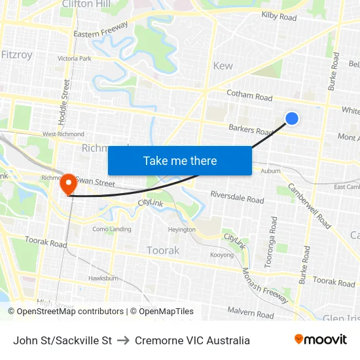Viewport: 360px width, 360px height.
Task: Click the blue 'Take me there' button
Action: [180, 160]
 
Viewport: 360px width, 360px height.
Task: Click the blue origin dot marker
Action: [292, 118]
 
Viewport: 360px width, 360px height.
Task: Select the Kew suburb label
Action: [223, 66]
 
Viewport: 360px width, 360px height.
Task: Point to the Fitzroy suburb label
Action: [16, 55]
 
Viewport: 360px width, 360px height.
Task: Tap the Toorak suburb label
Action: [163, 250]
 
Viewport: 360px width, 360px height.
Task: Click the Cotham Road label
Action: [249, 96]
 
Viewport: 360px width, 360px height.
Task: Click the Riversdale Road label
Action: [237, 197]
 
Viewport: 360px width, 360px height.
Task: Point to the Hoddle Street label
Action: [66, 98]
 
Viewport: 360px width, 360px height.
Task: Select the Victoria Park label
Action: [75, 58]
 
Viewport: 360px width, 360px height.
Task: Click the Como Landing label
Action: [111, 229]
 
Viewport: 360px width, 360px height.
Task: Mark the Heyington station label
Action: [181, 230]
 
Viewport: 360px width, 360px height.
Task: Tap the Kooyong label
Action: [221, 255]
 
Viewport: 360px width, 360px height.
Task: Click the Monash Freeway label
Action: [264, 285]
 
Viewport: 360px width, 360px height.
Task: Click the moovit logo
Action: [320, 340]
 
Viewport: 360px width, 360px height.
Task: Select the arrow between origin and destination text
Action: [123, 340]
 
